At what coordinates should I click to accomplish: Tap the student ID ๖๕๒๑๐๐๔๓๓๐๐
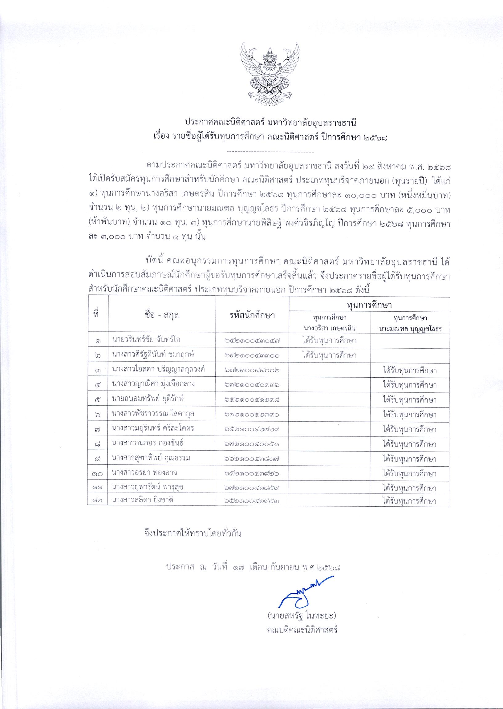click(x=253, y=355)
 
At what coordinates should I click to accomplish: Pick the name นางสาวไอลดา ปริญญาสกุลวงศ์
click(x=159, y=369)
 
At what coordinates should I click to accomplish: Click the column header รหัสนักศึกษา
click(x=252, y=315)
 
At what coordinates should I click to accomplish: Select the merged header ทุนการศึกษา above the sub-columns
click(x=369, y=305)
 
